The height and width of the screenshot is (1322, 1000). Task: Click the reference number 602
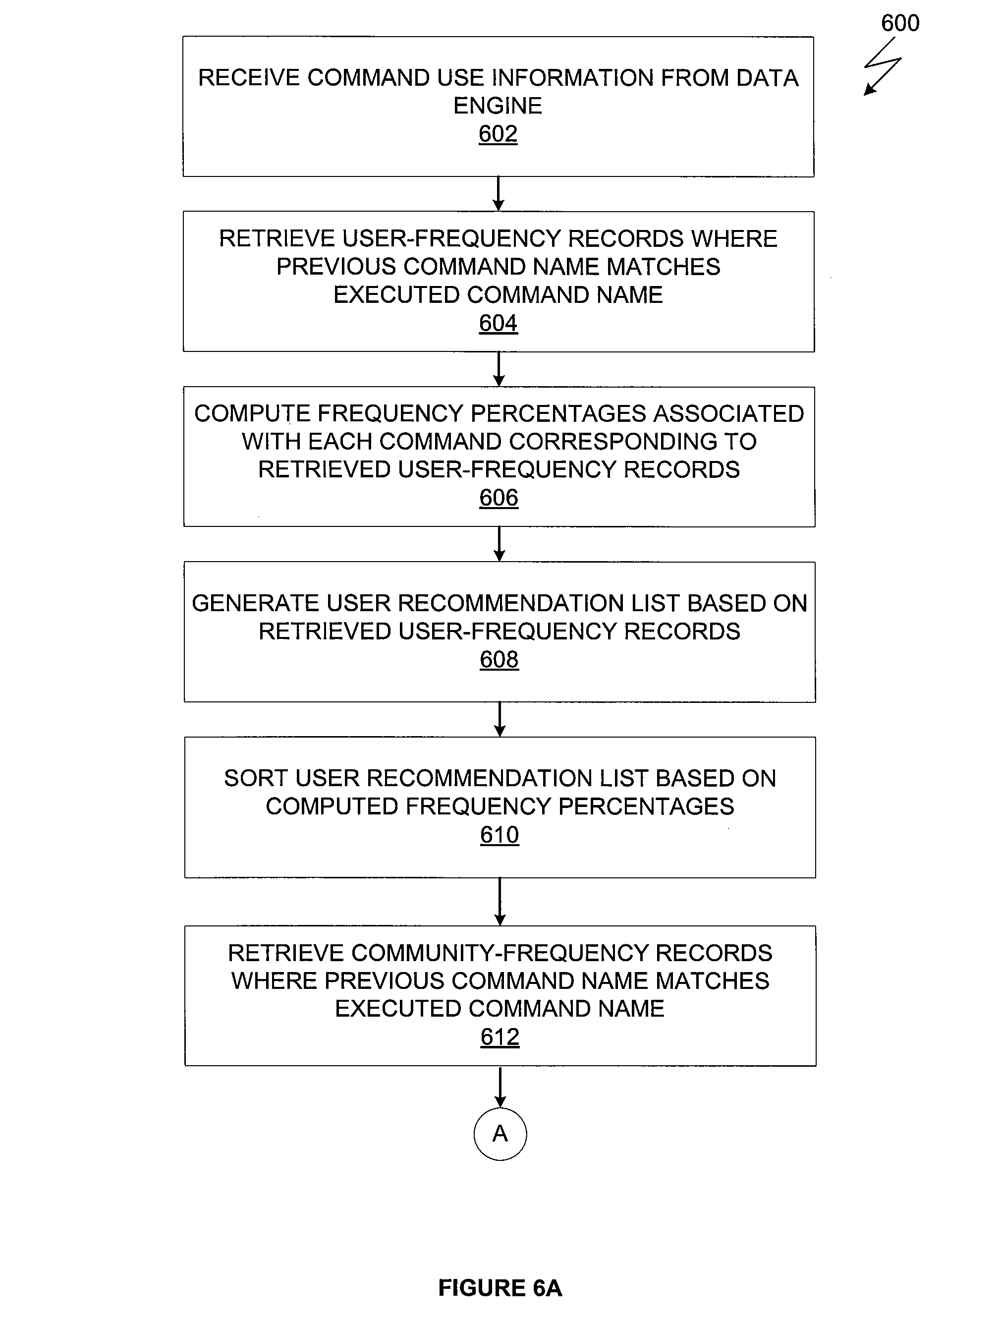click(x=498, y=134)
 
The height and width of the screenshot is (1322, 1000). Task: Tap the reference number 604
click(x=498, y=323)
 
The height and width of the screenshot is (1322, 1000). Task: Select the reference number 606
click(x=499, y=498)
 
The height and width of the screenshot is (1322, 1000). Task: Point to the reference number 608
click(x=500, y=660)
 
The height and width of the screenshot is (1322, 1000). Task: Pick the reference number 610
click(x=500, y=835)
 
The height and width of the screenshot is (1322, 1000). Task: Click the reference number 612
click(x=500, y=1037)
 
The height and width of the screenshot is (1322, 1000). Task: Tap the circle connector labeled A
click(x=500, y=1134)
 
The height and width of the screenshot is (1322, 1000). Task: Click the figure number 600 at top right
click(x=900, y=23)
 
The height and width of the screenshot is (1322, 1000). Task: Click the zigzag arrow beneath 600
click(x=883, y=66)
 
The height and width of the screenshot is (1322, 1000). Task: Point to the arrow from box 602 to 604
click(x=498, y=194)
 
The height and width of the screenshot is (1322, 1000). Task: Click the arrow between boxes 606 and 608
click(x=500, y=544)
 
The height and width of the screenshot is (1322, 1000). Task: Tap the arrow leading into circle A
click(x=500, y=1087)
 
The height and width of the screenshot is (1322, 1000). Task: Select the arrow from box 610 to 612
click(x=500, y=902)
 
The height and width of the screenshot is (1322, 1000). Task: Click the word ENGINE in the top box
click(x=498, y=106)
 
